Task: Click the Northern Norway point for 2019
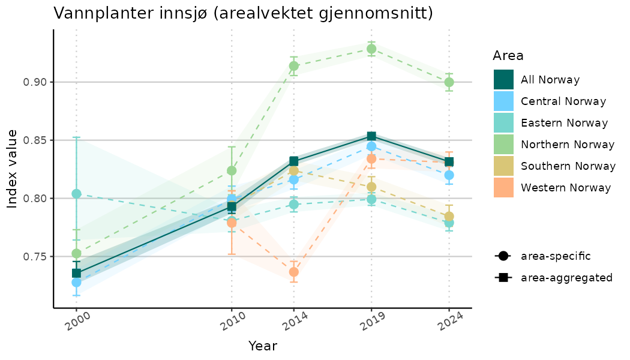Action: click(371, 49)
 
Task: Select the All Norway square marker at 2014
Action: click(294, 161)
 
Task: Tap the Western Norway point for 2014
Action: click(294, 272)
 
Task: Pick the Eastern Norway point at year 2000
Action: click(76, 193)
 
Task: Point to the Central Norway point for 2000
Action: click(76, 282)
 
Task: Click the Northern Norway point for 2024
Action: click(449, 82)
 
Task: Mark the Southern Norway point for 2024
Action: click(449, 216)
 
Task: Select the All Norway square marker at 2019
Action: click(371, 136)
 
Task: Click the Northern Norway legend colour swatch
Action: click(503, 145)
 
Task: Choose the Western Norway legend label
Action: click(566, 188)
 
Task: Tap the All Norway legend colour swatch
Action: click(503, 80)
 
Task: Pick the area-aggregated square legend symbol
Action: click(502, 278)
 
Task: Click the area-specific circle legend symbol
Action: click(502, 256)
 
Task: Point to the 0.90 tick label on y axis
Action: click(34, 82)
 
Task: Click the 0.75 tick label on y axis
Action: click(34, 256)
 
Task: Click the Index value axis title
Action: click(13, 169)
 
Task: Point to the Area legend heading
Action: click(508, 56)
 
